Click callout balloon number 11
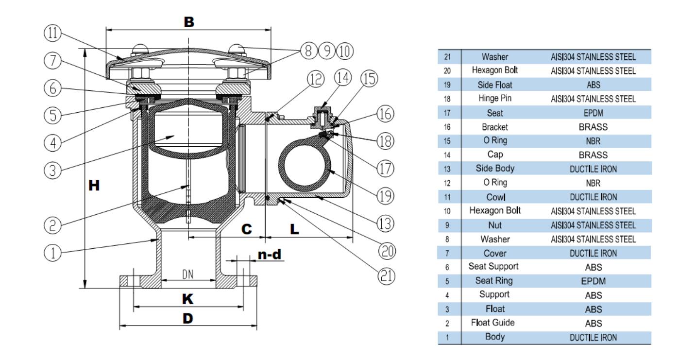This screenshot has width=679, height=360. [x=48, y=34]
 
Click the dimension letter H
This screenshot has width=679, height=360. [x=95, y=185]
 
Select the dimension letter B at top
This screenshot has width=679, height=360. [x=189, y=21]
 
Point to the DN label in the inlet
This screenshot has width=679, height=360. [x=188, y=274]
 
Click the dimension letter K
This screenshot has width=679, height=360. [x=187, y=299]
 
